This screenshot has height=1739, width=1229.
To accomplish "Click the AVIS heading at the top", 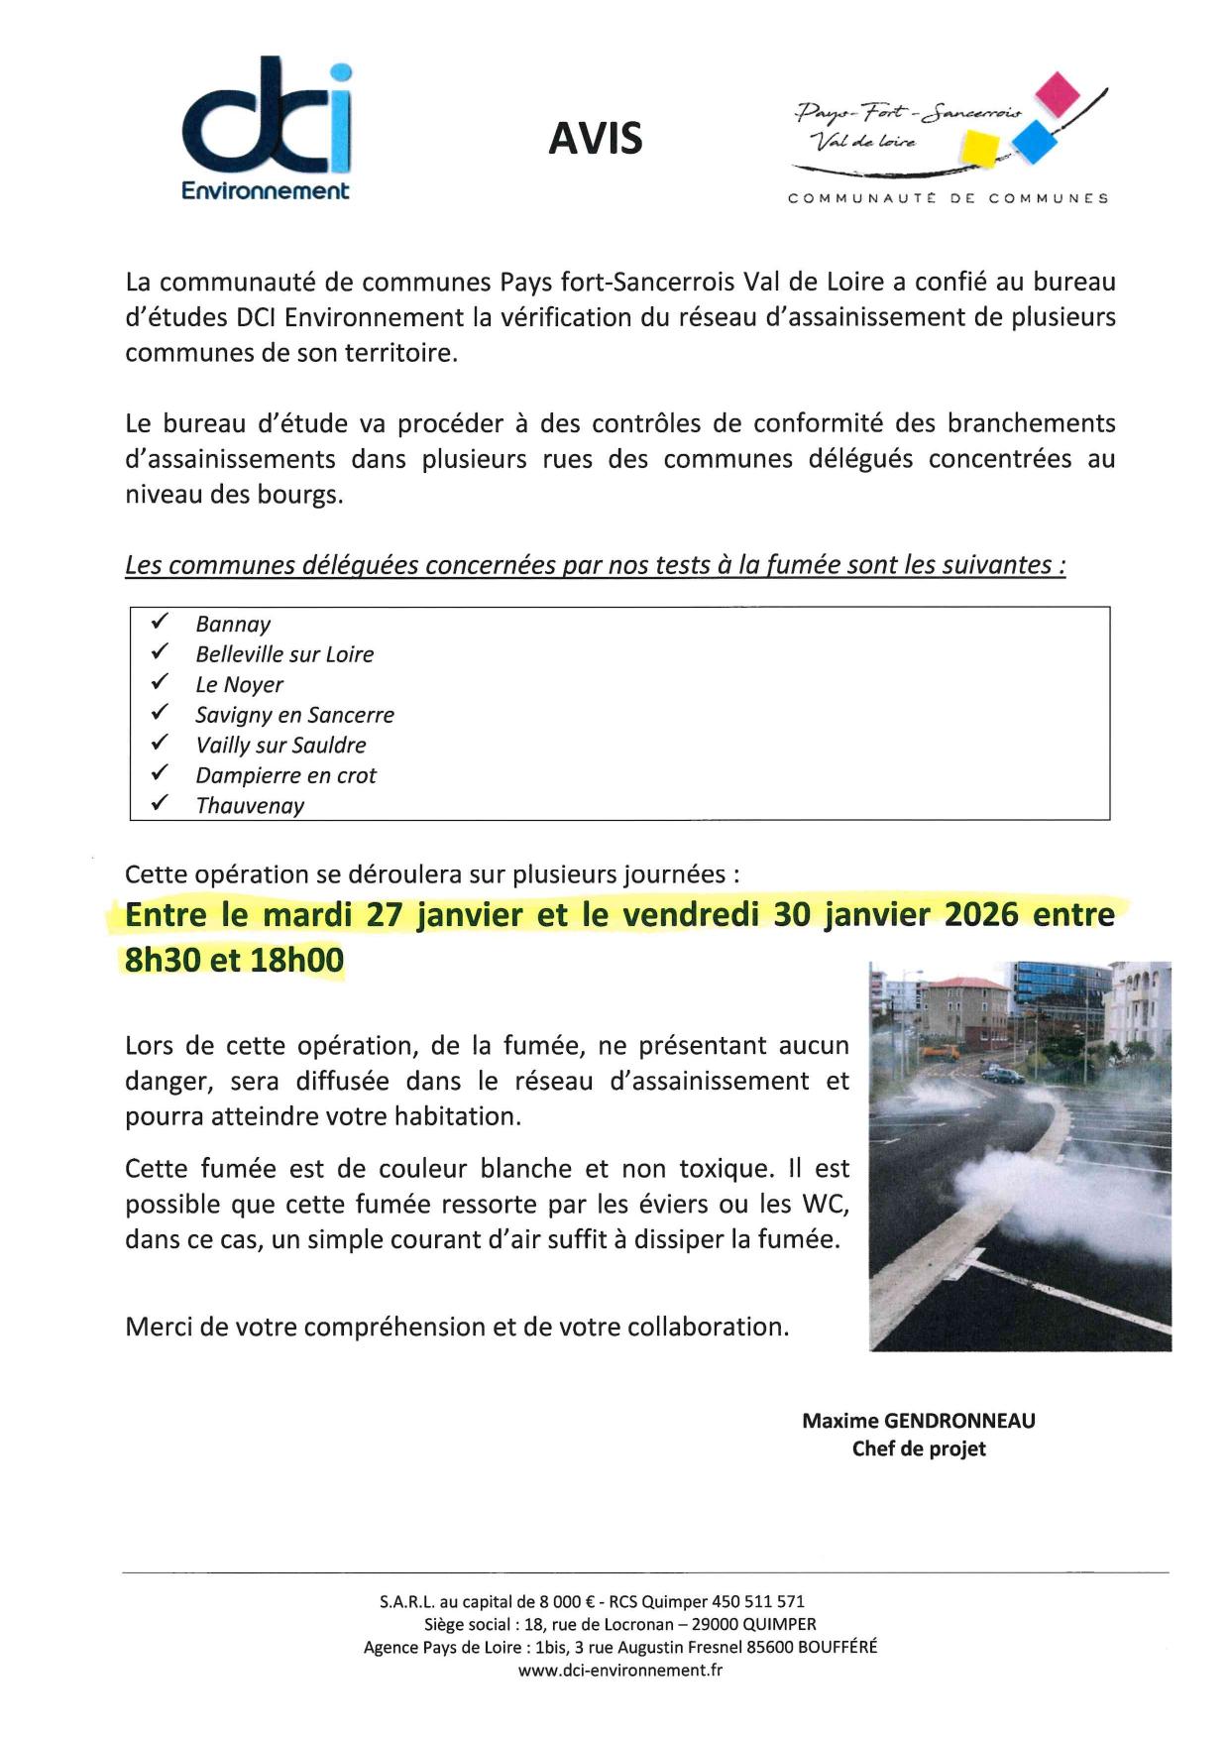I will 596,139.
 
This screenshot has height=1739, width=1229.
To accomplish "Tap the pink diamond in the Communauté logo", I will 1057,92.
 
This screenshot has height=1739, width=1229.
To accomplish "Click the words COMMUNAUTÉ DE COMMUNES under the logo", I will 948,198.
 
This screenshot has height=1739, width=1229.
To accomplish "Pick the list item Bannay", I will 233,625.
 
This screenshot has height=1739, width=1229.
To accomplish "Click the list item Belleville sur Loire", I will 284,654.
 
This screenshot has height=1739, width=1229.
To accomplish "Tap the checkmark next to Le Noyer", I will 160,683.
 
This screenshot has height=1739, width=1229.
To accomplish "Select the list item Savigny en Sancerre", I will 294,715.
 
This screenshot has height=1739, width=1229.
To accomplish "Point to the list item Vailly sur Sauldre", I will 280,746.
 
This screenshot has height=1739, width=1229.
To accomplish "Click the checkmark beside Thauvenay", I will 160,804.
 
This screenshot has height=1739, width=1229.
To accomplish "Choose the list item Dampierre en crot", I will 285,775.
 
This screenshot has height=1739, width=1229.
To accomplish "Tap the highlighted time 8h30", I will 163,960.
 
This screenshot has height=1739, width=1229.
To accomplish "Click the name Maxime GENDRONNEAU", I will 918,1421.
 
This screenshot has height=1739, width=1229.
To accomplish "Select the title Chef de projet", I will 918,1449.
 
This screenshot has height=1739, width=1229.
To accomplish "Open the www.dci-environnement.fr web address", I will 619,1670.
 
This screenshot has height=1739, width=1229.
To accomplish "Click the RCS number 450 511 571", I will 758,1601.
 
